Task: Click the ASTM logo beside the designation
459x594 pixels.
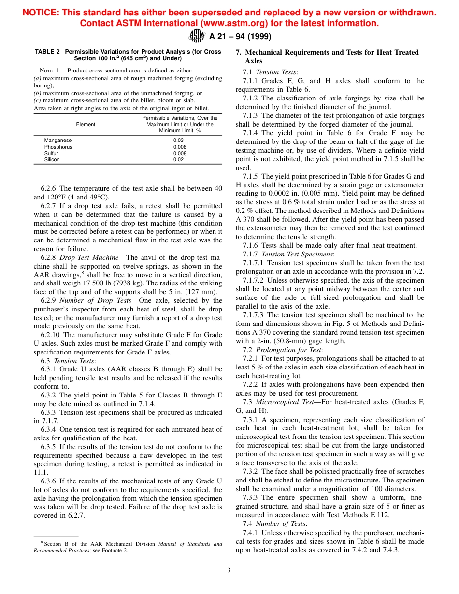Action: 197,36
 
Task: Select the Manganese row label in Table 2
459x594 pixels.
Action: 58,141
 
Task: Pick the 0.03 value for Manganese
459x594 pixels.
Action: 178,141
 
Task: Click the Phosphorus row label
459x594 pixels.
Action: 58,147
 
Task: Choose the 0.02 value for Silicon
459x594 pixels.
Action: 178,159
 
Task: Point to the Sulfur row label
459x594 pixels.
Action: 51,153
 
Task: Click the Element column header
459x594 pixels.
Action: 86,124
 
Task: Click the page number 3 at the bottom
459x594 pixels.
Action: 229,570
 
